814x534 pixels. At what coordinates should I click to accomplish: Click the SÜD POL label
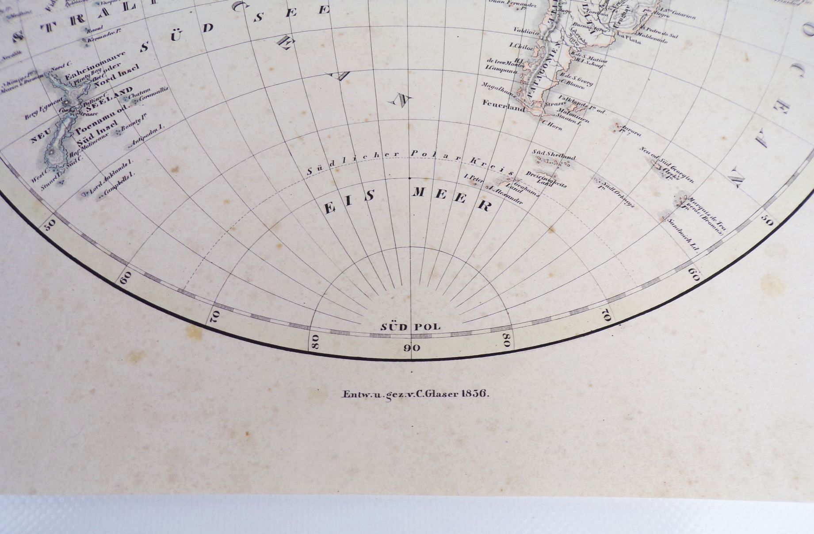(x=411, y=327)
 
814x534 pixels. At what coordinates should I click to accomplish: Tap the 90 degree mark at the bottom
(x=412, y=348)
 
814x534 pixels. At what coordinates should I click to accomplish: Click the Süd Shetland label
(x=554, y=154)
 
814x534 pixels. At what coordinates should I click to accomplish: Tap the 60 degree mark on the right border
(x=693, y=274)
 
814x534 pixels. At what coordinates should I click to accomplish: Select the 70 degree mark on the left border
(x=215, y=315)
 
